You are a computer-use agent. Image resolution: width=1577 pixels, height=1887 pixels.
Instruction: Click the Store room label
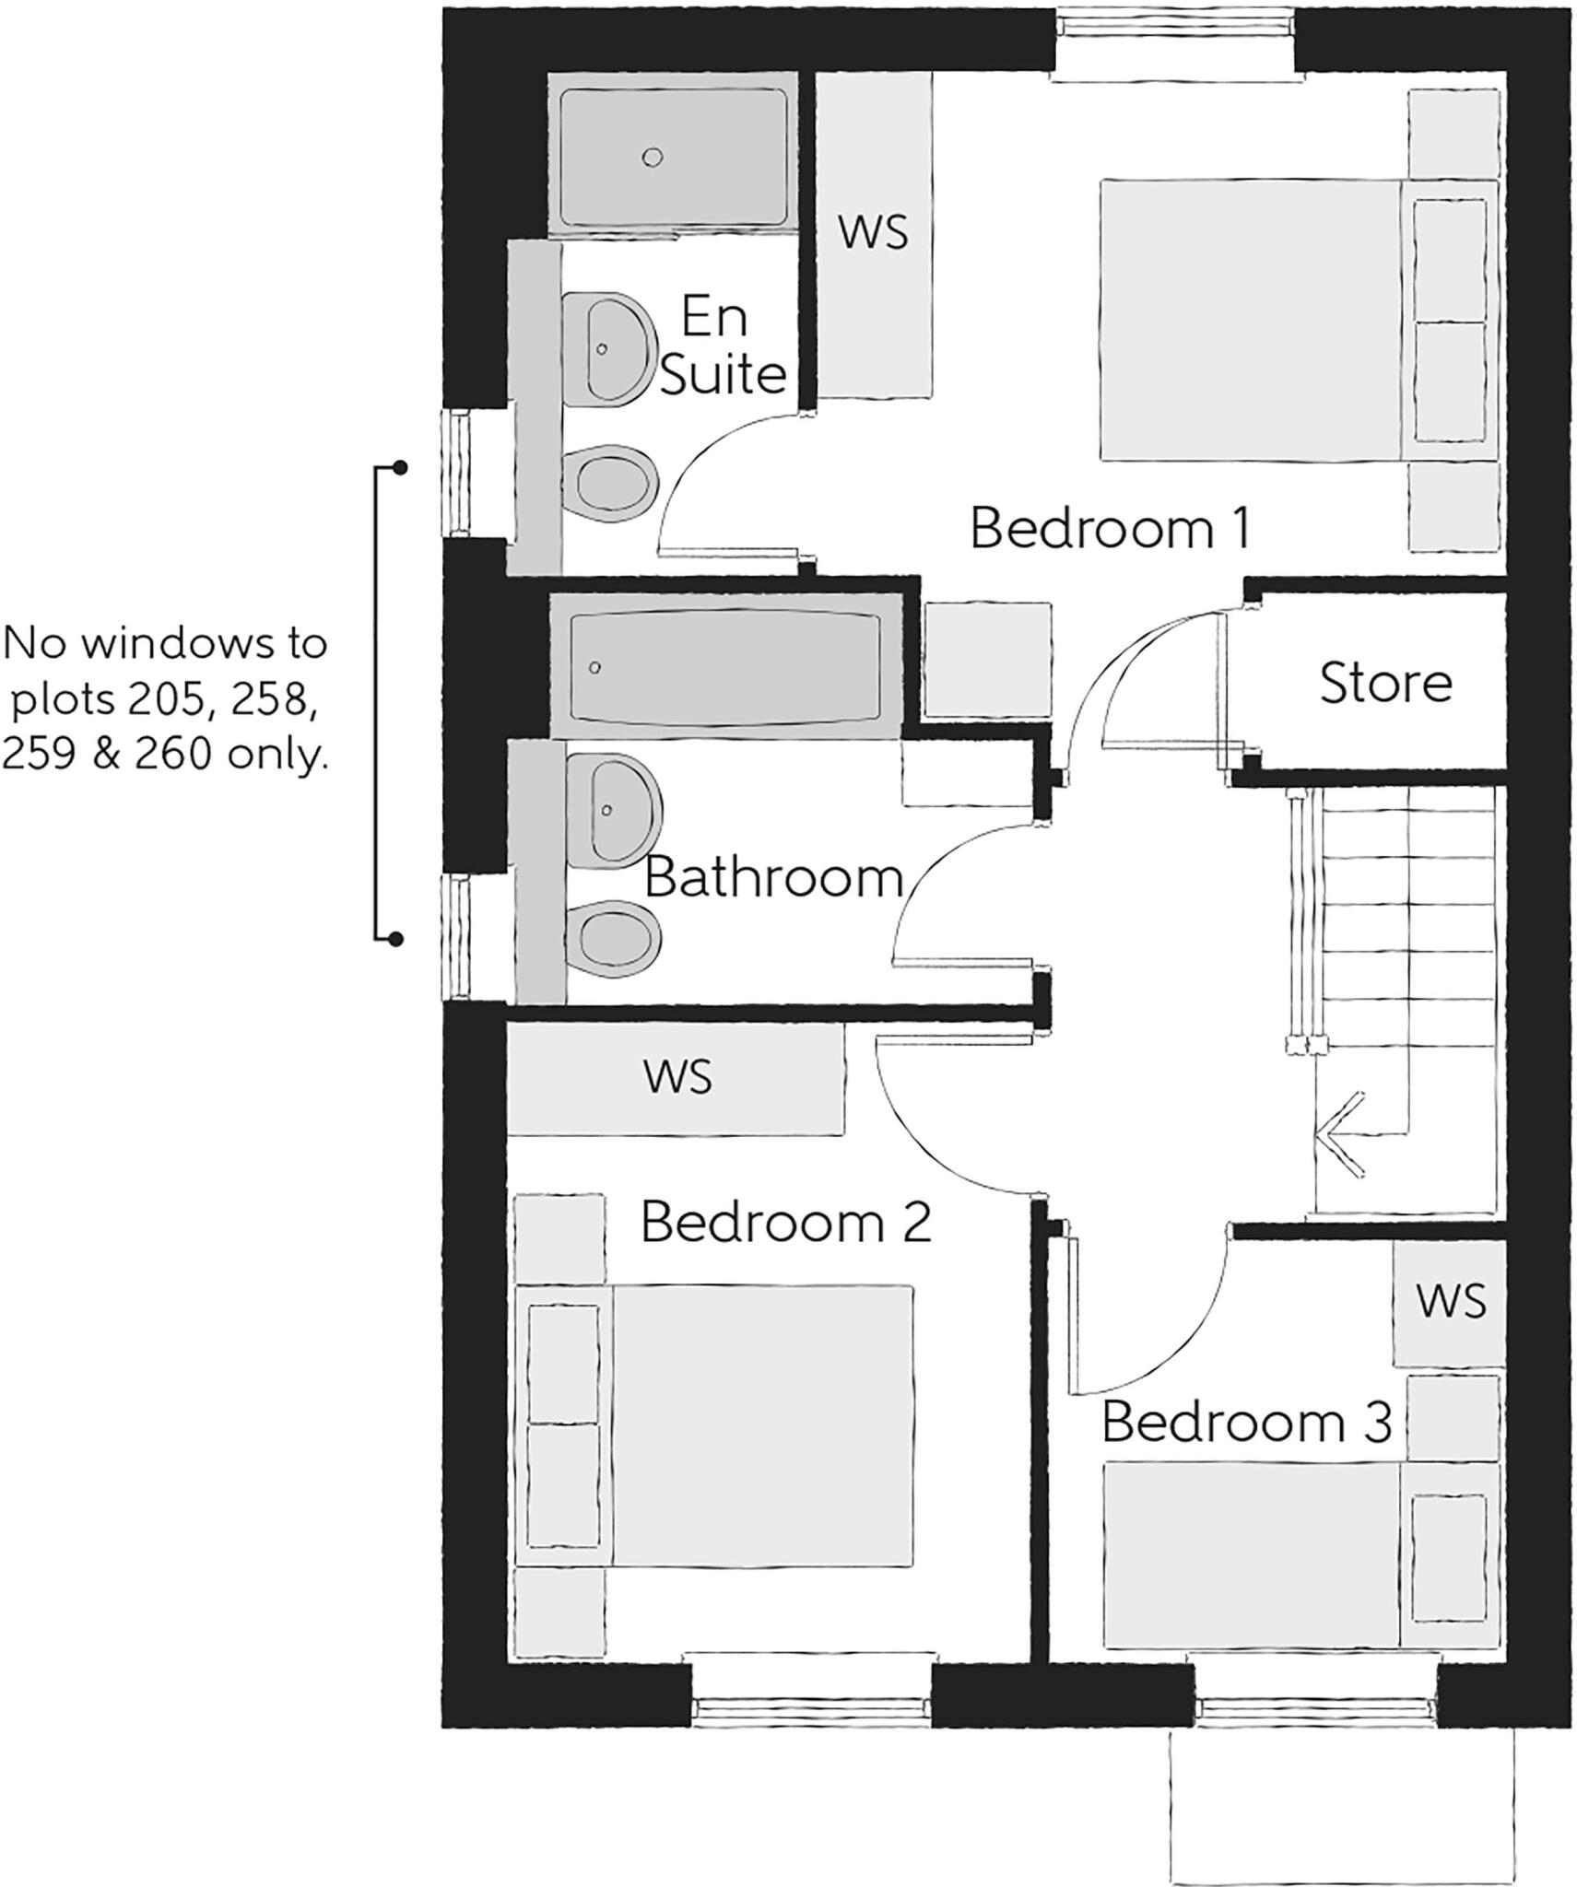[1384, 684]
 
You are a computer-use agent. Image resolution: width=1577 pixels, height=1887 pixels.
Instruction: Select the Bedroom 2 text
[785, 1223]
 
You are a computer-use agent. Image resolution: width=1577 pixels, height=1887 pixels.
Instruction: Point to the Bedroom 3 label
[1246, 1421]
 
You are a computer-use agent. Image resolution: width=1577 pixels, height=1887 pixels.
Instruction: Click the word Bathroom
[773, 877]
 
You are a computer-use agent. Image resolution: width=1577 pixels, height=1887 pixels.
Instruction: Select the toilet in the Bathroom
[616, 937]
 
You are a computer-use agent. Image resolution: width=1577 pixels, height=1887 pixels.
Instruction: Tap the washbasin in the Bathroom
[612, 810]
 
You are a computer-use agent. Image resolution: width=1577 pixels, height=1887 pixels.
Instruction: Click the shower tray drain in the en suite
[653, 158]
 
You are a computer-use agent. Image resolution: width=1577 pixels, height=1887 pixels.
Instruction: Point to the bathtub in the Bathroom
[724, 666]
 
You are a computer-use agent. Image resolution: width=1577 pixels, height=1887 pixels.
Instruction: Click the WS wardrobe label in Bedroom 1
[873, 231]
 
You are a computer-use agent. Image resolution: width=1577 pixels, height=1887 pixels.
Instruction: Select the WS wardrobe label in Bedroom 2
[678, 1076]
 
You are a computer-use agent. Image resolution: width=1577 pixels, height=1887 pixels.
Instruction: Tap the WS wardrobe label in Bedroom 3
[1451, 1300]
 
